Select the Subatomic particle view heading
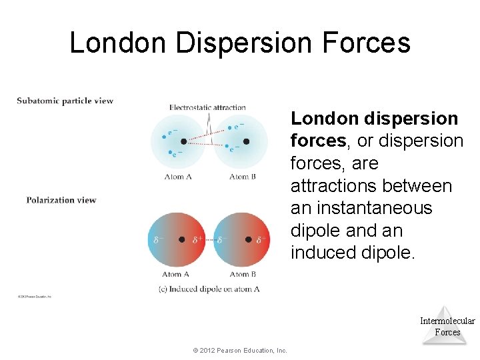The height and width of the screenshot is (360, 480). pyautogui.click(x=65, y=101)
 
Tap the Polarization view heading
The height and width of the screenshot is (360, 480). pyautogui.click(x=61, y=200)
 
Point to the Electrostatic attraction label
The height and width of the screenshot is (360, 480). pyautogui.click(x=207, y=107)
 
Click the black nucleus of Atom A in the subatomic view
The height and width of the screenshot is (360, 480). pyautogui.click(x=183, y=141)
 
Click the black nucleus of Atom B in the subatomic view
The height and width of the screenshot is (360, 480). pyautogui.click(x=246, y=141)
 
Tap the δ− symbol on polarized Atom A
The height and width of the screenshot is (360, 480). pyautogui.click(x=158, y=239)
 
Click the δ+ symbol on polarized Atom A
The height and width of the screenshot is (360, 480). pyautogui.click(x=197, y=239)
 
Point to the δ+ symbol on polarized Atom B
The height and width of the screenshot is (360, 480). pyautogui.click(x=261, y=239)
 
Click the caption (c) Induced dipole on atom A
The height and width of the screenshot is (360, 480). pyautogui.click(x=214, y=289)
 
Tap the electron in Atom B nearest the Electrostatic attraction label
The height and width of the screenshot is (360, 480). pyautogui.click(x=230, y=127)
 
